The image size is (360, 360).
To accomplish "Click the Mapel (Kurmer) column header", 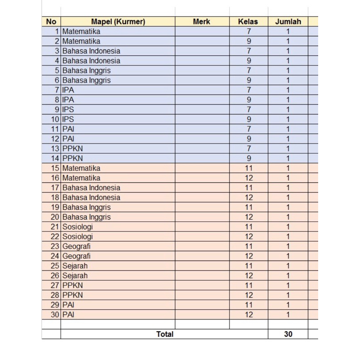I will coord(118,21).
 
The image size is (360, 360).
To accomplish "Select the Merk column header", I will coord(201,21).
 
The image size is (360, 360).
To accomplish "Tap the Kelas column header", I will coord(248,21).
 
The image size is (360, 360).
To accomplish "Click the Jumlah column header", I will coord(288,21).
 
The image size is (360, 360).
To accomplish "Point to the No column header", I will coord(51,21).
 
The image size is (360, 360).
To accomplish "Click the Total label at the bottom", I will coord(165,334).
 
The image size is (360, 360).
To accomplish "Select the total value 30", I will coord(288,334).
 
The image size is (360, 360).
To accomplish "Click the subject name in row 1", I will coord(81,31).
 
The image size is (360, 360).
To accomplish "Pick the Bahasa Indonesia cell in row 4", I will coord(91,61).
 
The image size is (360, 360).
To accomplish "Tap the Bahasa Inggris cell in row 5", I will coord(86,71).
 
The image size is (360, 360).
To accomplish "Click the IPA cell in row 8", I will coord(68,100).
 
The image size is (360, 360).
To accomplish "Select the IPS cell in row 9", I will coord(68,109).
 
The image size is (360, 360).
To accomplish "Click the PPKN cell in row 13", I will coord(72,148).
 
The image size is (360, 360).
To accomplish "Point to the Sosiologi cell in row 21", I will coord(78,227).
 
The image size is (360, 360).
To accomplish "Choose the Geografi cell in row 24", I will coord(76,256).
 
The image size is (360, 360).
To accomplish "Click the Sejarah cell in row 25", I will coord(75,266).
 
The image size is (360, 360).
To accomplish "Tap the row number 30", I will coord(55,315).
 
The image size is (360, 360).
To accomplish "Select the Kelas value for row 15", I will coord(248,168).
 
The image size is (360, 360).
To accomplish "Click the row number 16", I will coord(55,178).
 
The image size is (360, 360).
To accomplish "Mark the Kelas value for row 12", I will coord(248,139).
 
